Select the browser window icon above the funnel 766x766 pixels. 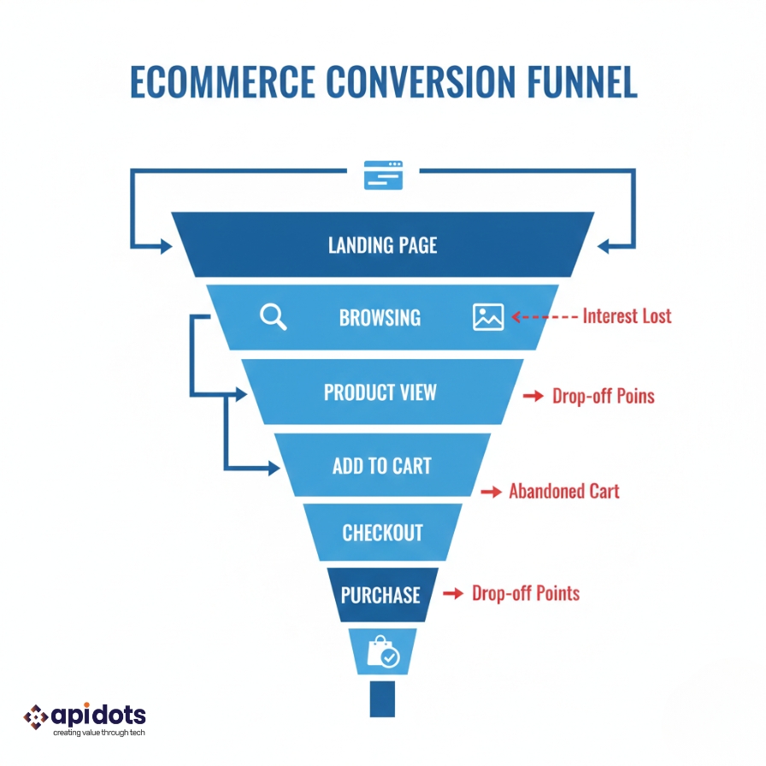(x=383, y=174)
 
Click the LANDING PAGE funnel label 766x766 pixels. (x=383, y=245)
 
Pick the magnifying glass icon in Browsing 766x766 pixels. (x=273, y=317)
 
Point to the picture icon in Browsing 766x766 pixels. (x=488, y=317)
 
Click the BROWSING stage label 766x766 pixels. (x=380, y=318)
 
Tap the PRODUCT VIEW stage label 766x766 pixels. (x=380, y=392)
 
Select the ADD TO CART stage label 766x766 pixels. (x=381, y=466)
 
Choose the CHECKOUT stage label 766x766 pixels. (x=382, y=533)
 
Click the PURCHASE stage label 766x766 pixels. (x=380, y=595)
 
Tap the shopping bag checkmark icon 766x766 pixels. (x=382, y=652)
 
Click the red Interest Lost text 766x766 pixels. (x=627, y=316)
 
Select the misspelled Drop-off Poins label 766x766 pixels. (x=603, y=397)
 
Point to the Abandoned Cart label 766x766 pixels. (x=563, y=491)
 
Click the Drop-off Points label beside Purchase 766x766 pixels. (x=526, y=593)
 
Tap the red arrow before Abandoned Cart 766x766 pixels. (x=490, y=492)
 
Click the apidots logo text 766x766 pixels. (x=99, y=715)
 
